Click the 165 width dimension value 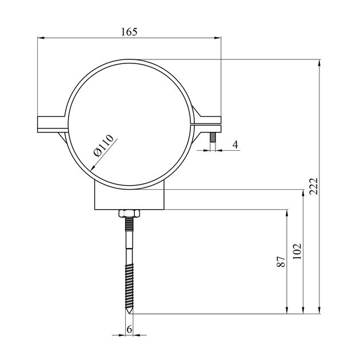point(129,31)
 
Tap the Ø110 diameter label point(103,145)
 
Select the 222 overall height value point(313,186)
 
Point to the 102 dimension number point(297,251)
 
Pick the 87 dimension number point(281,262)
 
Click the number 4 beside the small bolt point(235,145)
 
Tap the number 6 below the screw point(130,330)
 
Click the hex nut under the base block point(129,214)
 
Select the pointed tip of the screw point(129,314)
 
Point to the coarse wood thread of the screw point(129,286)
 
